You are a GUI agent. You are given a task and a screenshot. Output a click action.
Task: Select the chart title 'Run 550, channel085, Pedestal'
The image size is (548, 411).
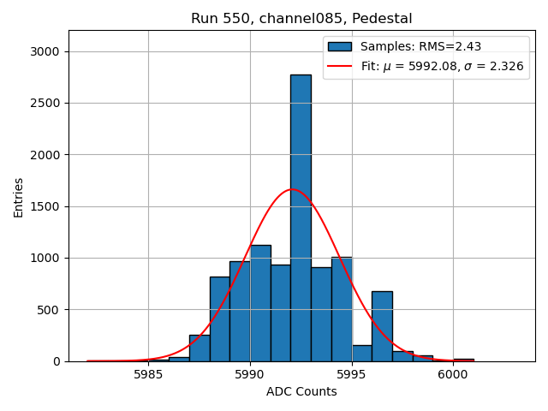[301, 18]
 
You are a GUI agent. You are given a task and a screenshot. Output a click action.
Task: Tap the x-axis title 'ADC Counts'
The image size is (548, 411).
[301, 391]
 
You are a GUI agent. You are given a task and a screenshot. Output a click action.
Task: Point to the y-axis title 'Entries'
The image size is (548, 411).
[18, 196]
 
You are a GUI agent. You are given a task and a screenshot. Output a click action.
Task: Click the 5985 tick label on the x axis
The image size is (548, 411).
[148, 374]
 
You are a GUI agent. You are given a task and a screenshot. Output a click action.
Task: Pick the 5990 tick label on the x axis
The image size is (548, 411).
[250, 374]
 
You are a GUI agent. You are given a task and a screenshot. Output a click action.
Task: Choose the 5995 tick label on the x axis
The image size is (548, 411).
[351, 374]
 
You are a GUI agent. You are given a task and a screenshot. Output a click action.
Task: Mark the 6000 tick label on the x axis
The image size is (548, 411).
[453, 374]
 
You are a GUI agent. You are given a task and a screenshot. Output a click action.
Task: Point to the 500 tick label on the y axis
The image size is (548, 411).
[50, 309]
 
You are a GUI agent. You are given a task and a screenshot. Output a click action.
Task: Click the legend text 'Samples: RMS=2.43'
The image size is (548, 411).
[420, 46]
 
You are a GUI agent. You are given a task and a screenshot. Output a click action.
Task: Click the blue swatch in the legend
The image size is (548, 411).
[340, 46]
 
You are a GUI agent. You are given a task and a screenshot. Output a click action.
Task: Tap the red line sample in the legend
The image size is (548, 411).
[340, 65]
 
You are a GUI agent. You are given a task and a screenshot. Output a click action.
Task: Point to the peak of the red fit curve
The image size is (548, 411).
[292, 189]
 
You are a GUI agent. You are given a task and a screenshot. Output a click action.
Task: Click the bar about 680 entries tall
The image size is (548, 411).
[382, 325]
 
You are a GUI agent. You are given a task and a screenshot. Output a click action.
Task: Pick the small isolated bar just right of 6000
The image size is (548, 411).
[463, 360]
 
